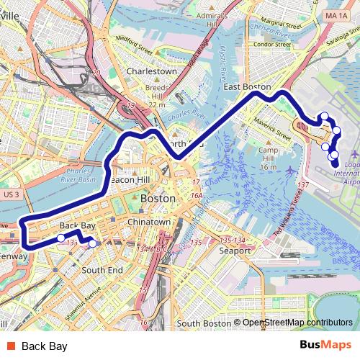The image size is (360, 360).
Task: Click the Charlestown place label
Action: tap(151, 71)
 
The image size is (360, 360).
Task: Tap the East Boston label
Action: tap(247, 86)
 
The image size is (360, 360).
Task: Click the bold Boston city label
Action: tap(157, 197)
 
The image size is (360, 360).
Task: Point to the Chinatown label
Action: tap(149, 222)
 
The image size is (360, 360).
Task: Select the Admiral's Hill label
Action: tap(222, 19)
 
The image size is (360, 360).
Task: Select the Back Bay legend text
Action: tap(45, 346)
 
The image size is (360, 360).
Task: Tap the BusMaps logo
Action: tap(325, 346)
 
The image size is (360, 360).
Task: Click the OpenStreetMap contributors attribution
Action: tap(296, 323)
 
